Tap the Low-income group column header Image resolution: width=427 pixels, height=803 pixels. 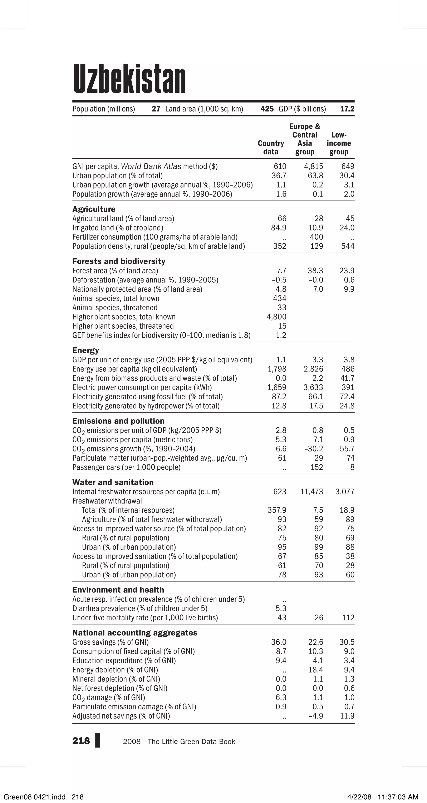pos(339,143)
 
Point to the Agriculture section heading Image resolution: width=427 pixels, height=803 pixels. pos(94,209)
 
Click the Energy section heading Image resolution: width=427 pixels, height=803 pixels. pos(85,350)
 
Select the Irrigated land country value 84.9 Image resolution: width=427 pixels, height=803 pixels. pos(279,228)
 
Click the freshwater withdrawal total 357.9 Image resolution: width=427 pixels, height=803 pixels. pos(277,510)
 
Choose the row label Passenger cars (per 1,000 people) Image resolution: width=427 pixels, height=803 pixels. pos(126,467)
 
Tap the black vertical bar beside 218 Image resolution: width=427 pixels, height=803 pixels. pos(98,741)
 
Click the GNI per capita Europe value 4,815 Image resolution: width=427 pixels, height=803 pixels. pos(313,167)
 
